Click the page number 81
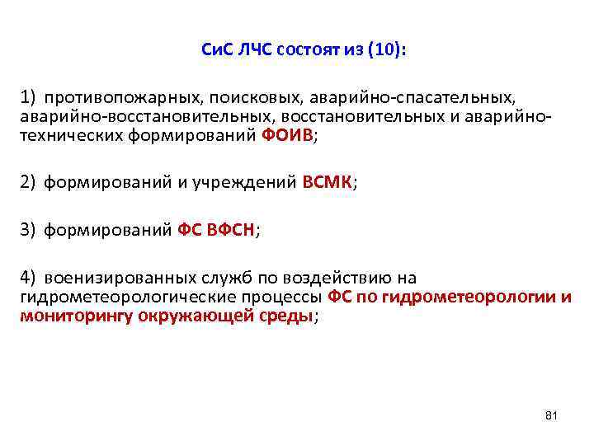pos(552,415)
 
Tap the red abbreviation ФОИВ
pos(285,136)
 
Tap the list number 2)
pos(29,184)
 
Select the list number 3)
pos(29,232)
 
